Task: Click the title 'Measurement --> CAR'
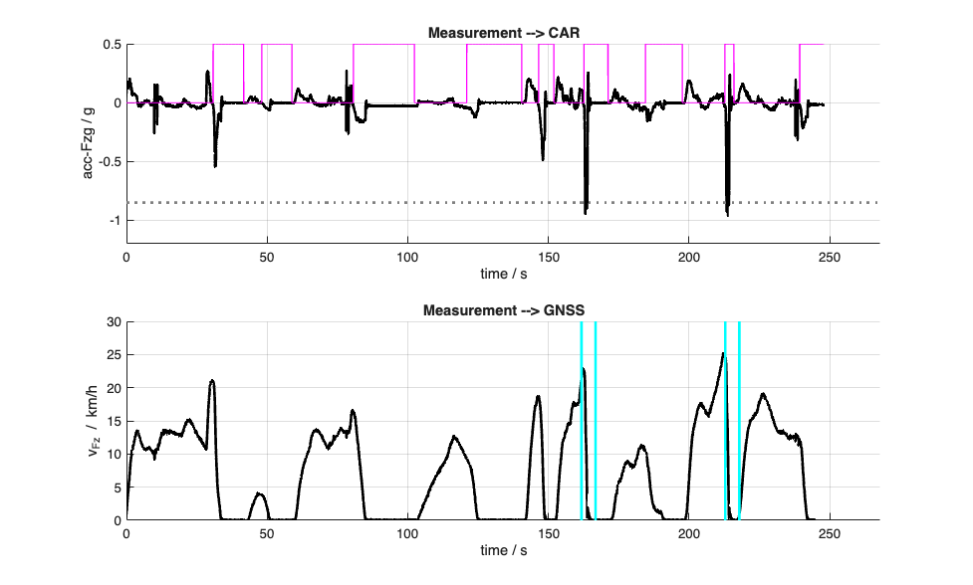(503, 33)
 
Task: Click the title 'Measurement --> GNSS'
(503, 310)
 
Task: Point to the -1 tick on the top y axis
(115, 221)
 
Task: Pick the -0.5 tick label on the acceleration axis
(108, 162)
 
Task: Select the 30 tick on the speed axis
(113, 322)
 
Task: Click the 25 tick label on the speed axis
(113, 355)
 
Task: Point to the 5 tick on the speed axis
(116, 487)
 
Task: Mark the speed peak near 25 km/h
(723, 353)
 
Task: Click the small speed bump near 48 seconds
(259, 493)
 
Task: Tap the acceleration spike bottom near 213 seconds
(728, 213)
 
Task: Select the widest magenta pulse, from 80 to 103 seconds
(383, 45)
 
